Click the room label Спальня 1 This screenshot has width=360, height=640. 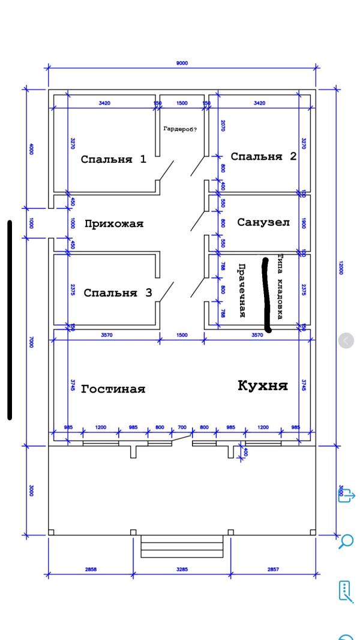point(113,160)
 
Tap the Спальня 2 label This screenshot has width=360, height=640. point(263,157)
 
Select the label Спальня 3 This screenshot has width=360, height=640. point(117,293)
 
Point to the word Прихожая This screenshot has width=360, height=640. point(114,224)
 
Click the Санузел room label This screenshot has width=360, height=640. point(263,223)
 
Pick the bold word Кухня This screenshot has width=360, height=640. point(262,385)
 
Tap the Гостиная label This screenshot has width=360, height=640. point(113,389)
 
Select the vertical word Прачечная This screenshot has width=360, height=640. point(242,291)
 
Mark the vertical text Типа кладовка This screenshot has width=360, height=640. point(280,286)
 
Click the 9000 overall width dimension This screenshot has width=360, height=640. point(182,62)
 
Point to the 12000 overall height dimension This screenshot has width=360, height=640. point(340,267)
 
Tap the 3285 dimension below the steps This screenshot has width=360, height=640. point(182,569)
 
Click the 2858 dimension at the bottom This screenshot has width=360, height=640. point(90,569)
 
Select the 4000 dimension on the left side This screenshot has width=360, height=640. point(31,148)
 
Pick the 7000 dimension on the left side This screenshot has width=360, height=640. point(31,342)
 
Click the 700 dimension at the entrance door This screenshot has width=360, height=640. point(182,427)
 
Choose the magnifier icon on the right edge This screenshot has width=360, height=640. point(346,541)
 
